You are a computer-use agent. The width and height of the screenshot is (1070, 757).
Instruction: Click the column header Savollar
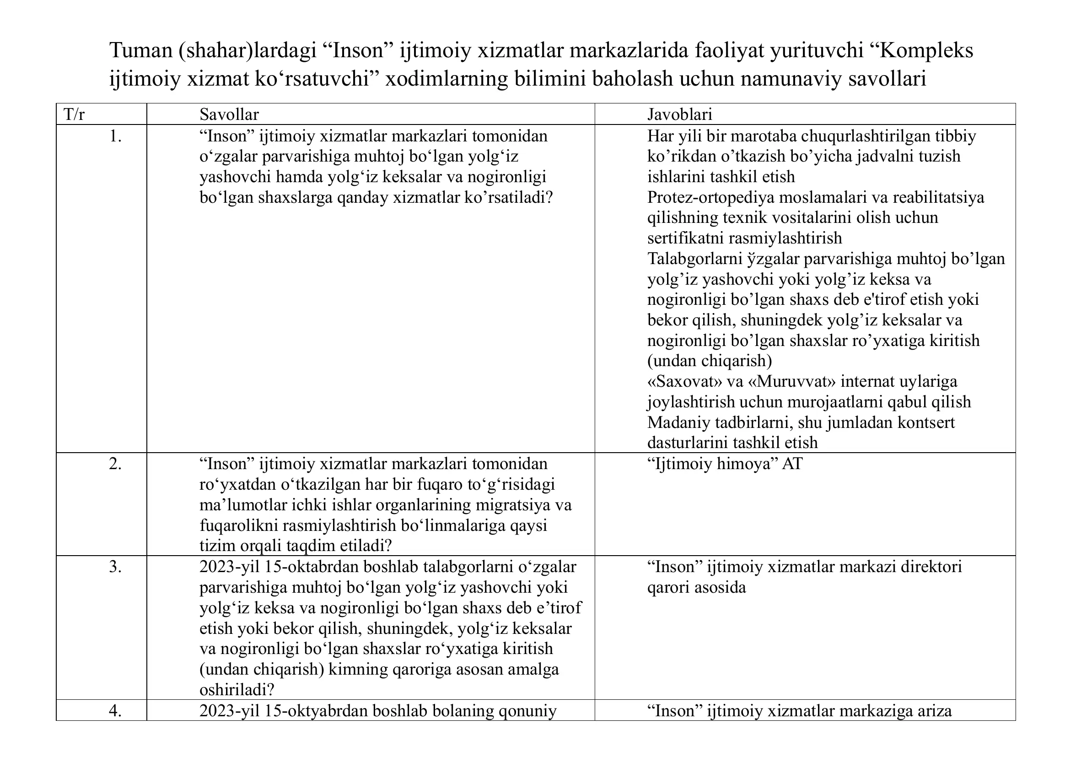click(x=229, y=115)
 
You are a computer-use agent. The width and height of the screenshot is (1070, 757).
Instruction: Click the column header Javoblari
click(x=679, y=115)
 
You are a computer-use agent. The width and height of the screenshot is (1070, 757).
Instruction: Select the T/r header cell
click(x=74, y=115)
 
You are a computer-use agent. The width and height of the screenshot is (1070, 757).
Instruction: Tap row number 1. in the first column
click(x=115, y=136)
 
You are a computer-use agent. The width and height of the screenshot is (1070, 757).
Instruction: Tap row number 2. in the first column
click(x=115, y=464)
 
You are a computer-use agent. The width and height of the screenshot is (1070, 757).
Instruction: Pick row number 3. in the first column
click(x=115, y=567)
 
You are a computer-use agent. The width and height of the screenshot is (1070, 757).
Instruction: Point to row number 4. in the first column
click(x=115, y=711)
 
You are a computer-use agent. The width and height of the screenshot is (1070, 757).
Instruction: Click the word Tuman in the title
click(x=141, y=50)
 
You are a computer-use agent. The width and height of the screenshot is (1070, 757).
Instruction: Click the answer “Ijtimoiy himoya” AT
click(x=725, y=464)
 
